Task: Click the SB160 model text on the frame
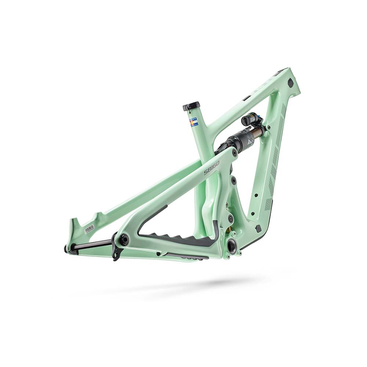coord(212,167)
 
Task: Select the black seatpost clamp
coord(191,106)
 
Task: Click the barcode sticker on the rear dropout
coord(89,229)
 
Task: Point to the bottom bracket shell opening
coord(232,246)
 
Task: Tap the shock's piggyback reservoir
coord(248,119)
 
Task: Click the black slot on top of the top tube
coord(247,98)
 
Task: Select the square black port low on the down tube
coord(258,228)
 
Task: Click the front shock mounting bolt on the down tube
coord(267,128)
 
